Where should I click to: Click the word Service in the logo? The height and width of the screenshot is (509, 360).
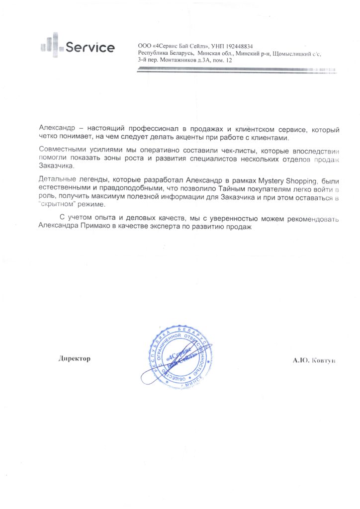tap(90, 48)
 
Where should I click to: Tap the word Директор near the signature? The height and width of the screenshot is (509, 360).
tap(75, 358)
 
